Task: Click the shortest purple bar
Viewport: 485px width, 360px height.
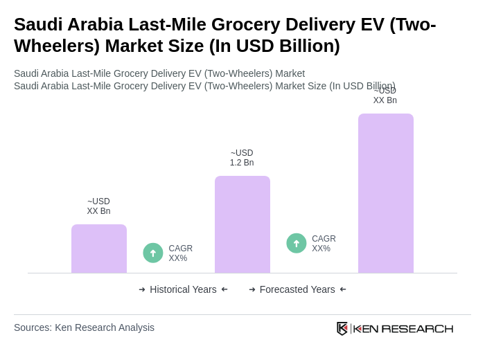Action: (98, 249)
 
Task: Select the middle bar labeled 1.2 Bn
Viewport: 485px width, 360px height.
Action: (242, 224)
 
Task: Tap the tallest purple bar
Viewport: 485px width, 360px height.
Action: (385, 193)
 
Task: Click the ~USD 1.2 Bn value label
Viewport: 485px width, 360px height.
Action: (242, 158)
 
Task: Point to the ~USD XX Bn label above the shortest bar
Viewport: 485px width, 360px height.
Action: (98, 206)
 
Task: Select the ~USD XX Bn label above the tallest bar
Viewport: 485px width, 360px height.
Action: (385, 96)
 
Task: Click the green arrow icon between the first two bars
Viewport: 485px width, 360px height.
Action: (153, 253)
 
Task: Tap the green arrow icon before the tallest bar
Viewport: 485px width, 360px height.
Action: (297, 243)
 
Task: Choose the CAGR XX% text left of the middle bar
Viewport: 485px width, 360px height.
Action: (180, 253)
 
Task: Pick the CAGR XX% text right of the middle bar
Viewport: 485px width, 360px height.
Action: (324, 244)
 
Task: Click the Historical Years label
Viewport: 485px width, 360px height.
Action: (183, 289)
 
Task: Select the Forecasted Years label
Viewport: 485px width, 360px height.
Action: (297, 289)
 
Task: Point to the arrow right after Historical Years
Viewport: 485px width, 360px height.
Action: (224, 289)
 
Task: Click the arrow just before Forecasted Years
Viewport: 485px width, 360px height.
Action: (252, 289)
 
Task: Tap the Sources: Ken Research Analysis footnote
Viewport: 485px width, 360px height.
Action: (84, 327)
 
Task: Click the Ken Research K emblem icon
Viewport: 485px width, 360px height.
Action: (342, 328)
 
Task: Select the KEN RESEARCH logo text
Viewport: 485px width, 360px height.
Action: (403, 328)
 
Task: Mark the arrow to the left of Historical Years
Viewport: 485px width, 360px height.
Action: (142, 289)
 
